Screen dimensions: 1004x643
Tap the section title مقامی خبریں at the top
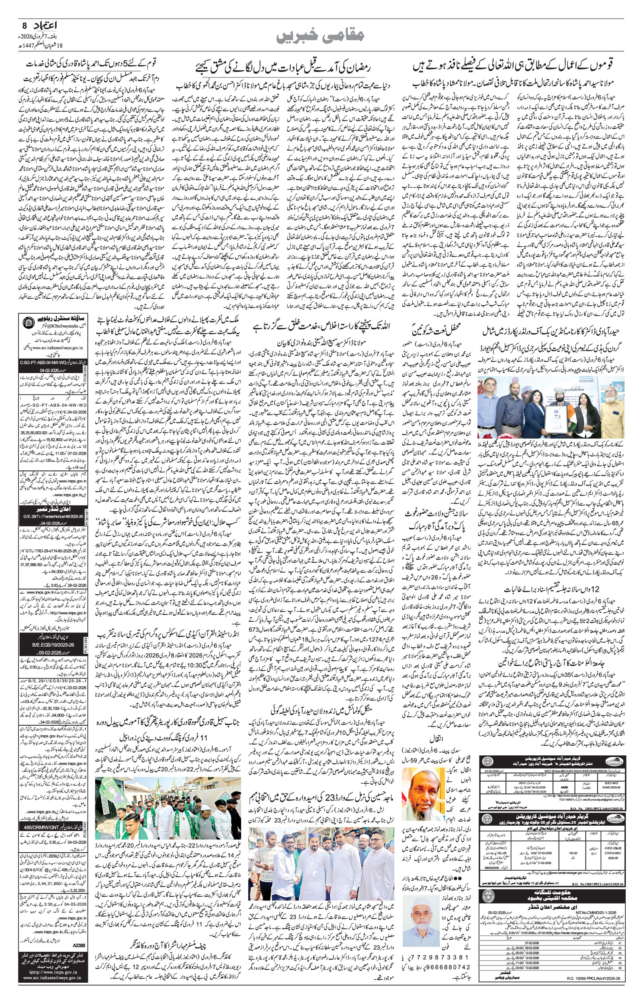(x=321, y=41)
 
